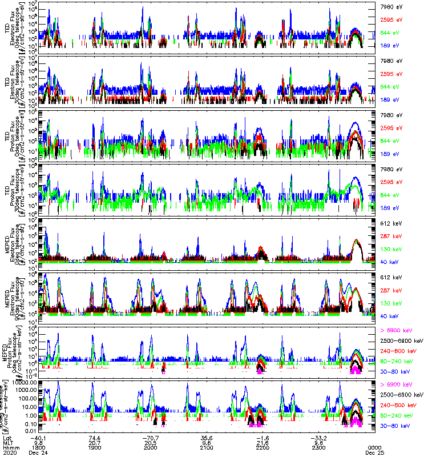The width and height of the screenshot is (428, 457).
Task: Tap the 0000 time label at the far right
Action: click(374, 447)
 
